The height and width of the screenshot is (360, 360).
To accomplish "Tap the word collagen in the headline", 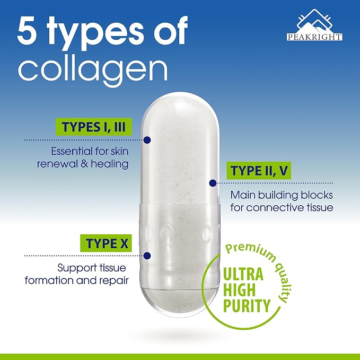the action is coord(93,69).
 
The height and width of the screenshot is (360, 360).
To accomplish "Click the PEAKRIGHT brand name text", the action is coord(314,37).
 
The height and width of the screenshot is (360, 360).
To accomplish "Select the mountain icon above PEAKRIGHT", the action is coord(314,21).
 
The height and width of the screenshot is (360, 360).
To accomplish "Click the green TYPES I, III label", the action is coord(94,127).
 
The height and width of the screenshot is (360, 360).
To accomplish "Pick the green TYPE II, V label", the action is coord(259,171).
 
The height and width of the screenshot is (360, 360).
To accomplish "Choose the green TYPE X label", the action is coord(106,243).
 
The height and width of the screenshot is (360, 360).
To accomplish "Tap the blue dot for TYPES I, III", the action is coord(147,140).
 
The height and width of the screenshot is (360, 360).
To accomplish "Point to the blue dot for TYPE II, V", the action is coord(213,183).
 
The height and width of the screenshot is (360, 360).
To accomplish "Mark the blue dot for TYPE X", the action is coord(147,256).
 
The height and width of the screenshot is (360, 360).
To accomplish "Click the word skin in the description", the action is coord(120,151).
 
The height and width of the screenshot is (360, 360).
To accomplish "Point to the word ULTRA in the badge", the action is coord(243,274).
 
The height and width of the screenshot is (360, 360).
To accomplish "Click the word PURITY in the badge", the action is coord(247,305).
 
